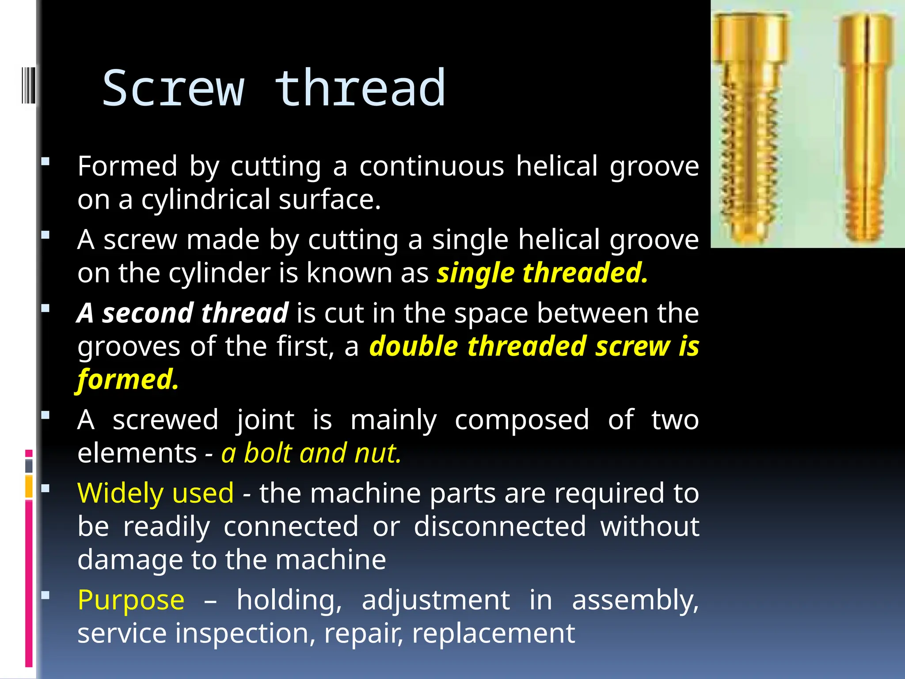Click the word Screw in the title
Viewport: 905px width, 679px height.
tap(173, 88)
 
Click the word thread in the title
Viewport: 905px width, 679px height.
tap(360, 88)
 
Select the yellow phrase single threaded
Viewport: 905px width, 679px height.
tap(542, 273)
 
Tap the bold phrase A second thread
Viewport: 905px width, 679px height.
tap(183, 313)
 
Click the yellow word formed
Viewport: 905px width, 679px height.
tap(127, 379)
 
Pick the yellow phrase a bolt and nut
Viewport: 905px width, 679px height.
tap(311, 453)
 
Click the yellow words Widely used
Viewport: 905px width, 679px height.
tap(155, 493)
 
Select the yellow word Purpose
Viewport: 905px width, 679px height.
tap(131, 600)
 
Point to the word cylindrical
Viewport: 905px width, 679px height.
tap(205, 199)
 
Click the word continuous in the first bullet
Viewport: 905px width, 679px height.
tap(431, 167)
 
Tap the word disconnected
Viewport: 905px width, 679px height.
tap(499, 526)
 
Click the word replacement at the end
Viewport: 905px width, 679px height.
tap(493, 633)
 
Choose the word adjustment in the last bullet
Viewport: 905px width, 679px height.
tap(435, 600)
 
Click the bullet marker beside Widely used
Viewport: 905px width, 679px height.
tap(45, 488)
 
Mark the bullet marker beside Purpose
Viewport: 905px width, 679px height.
tap(45, 595)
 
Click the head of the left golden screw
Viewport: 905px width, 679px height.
tap(750, 38)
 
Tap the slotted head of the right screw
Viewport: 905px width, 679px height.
tap(866, 38)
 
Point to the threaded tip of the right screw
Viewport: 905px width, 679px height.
tap(863, 217)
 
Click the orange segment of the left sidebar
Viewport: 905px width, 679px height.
tap(29, 486)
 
